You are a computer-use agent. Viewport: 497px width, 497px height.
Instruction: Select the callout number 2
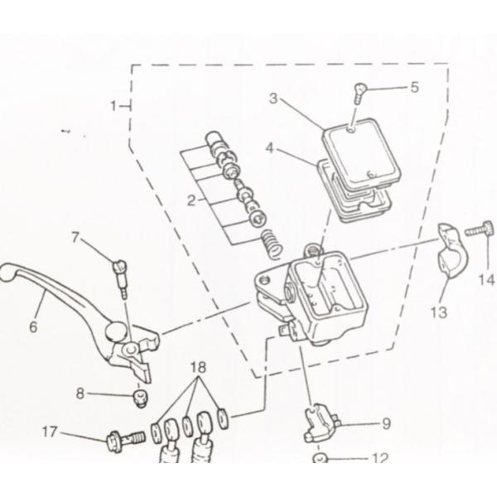(191, 200)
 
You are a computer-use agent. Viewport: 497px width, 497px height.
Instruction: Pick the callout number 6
(33, 326)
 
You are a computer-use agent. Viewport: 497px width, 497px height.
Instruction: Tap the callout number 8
(80, 394)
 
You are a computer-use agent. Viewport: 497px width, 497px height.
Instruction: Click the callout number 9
(385, 423)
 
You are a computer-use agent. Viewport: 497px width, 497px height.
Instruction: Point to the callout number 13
(438, 311)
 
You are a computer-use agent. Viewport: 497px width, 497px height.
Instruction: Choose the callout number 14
(486, 280)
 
